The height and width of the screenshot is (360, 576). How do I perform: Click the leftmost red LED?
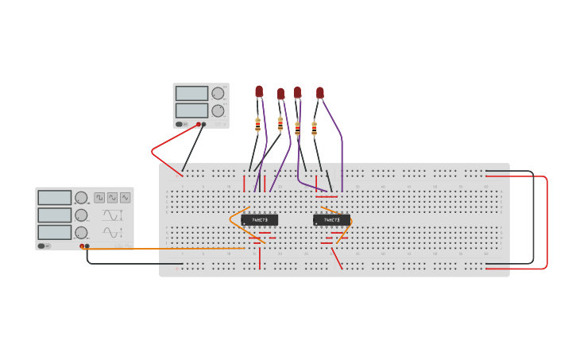pyautogui.click(x=259, y=91)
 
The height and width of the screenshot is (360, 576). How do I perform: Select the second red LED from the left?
pyautogui.click(x=280, y=94)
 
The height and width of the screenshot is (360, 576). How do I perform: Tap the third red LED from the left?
pyautogui.click(x=297, y=92)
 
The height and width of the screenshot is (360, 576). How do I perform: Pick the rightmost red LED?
pyautogui.click(x=320, y=93)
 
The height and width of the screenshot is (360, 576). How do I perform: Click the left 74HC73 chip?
pyautogui.click(x=260, y=219)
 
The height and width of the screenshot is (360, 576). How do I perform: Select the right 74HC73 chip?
pyautogui.click(x=331, y=219)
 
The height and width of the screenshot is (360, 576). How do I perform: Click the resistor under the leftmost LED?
pyautogui.click(x=257, y=124)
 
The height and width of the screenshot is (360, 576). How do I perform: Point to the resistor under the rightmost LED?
pyautogui.click(x=314, y=127)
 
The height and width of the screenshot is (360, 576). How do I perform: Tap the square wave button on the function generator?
pyautogui.click(x=99, y=197)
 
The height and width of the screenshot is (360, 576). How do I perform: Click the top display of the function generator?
pyautogui.click(x=54, y=198)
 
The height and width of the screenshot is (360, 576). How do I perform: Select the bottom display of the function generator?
pyautogui.click(x=54, y=232)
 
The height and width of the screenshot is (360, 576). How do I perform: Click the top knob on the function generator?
pyautogui.click(x=81, y=198)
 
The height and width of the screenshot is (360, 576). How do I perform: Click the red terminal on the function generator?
pyautogui.click(x=82, y=246)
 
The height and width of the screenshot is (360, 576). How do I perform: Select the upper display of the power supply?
pyautogui.click(x=191, y=93)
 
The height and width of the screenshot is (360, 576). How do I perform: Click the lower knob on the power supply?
pyautogui.click(x=218, y=110)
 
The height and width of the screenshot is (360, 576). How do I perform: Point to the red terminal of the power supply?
pyautogui.click(x=199, y=124)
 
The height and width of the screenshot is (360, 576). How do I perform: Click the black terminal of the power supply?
pyautogui.click(x=204, y=124)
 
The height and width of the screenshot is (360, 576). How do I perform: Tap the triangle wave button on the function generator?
pyautogui.click(x=125, y=197)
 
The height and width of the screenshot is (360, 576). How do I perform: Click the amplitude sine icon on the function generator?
pyautogui.click(x=111, y=232)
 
